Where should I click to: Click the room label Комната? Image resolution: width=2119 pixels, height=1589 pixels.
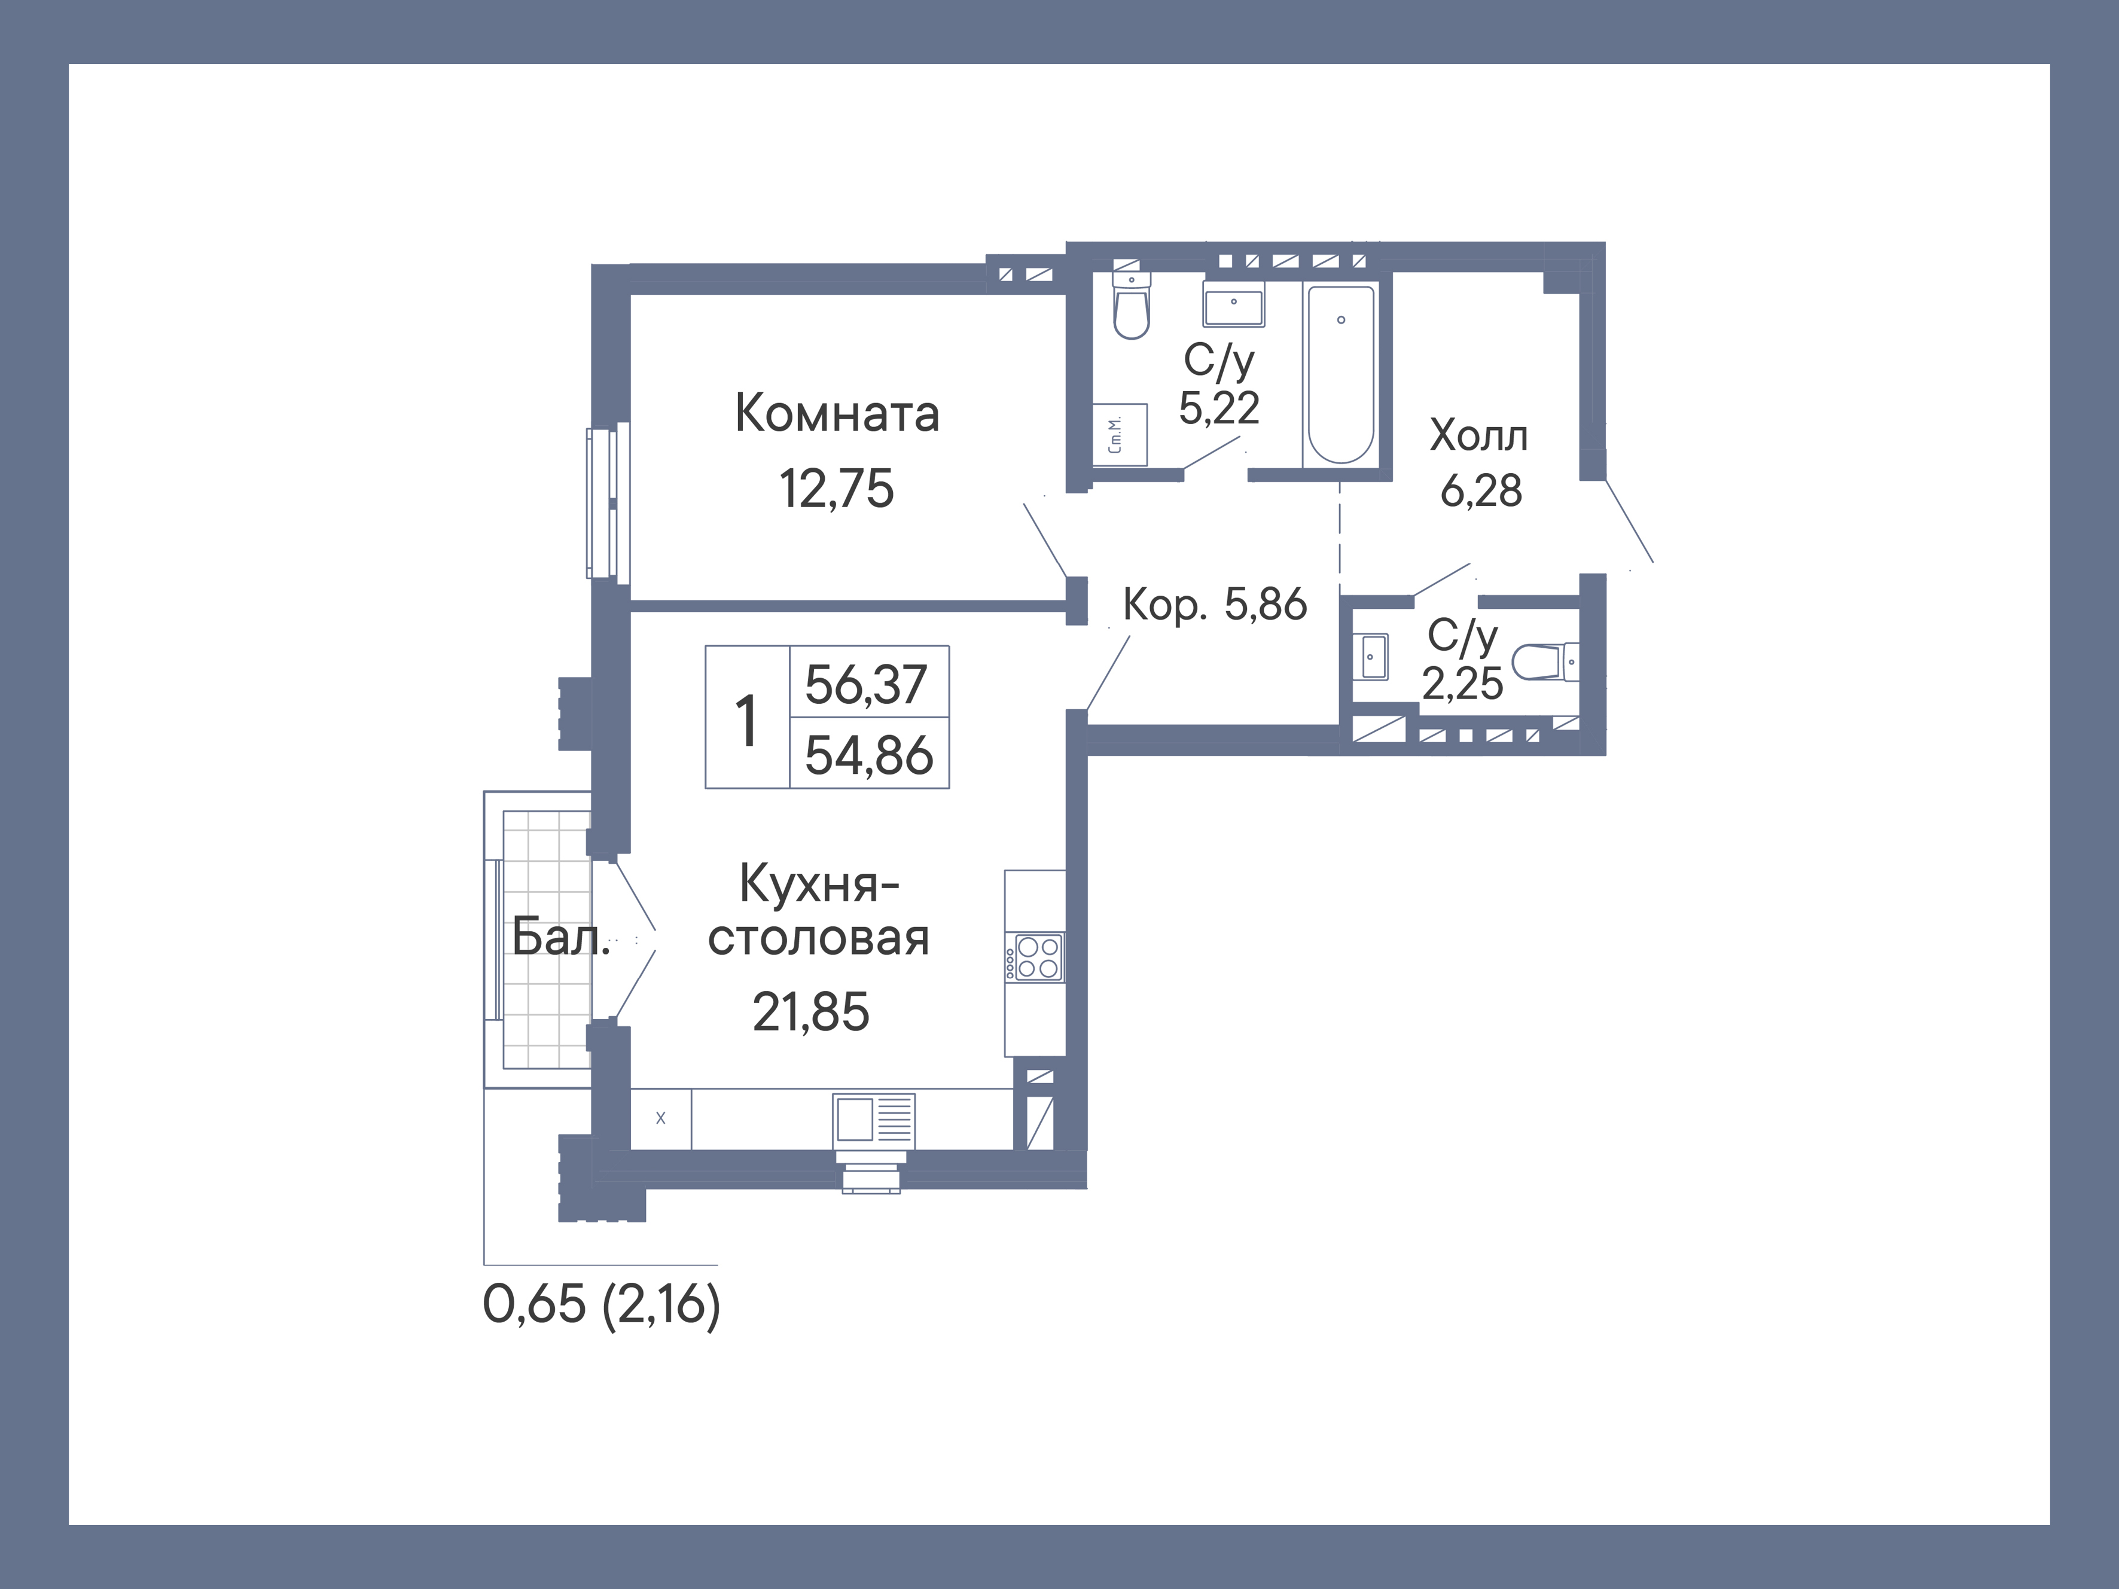point(836,414)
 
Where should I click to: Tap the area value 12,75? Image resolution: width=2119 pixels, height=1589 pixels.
point(836,489)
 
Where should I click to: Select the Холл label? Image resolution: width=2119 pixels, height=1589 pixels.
point(1478,436)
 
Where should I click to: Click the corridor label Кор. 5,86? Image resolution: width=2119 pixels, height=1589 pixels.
point(1215,605)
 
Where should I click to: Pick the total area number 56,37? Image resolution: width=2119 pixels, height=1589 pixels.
point(867,684)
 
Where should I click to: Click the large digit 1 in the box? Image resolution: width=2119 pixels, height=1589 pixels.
point(746,720)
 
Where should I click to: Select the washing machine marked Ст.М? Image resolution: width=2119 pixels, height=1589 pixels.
point(1120,435)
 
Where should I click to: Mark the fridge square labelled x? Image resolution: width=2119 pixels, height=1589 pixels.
point(660,1118)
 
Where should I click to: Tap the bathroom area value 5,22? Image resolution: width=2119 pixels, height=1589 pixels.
point(1218,409)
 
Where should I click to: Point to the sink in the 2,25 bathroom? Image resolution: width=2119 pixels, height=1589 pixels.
point(1373,656)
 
